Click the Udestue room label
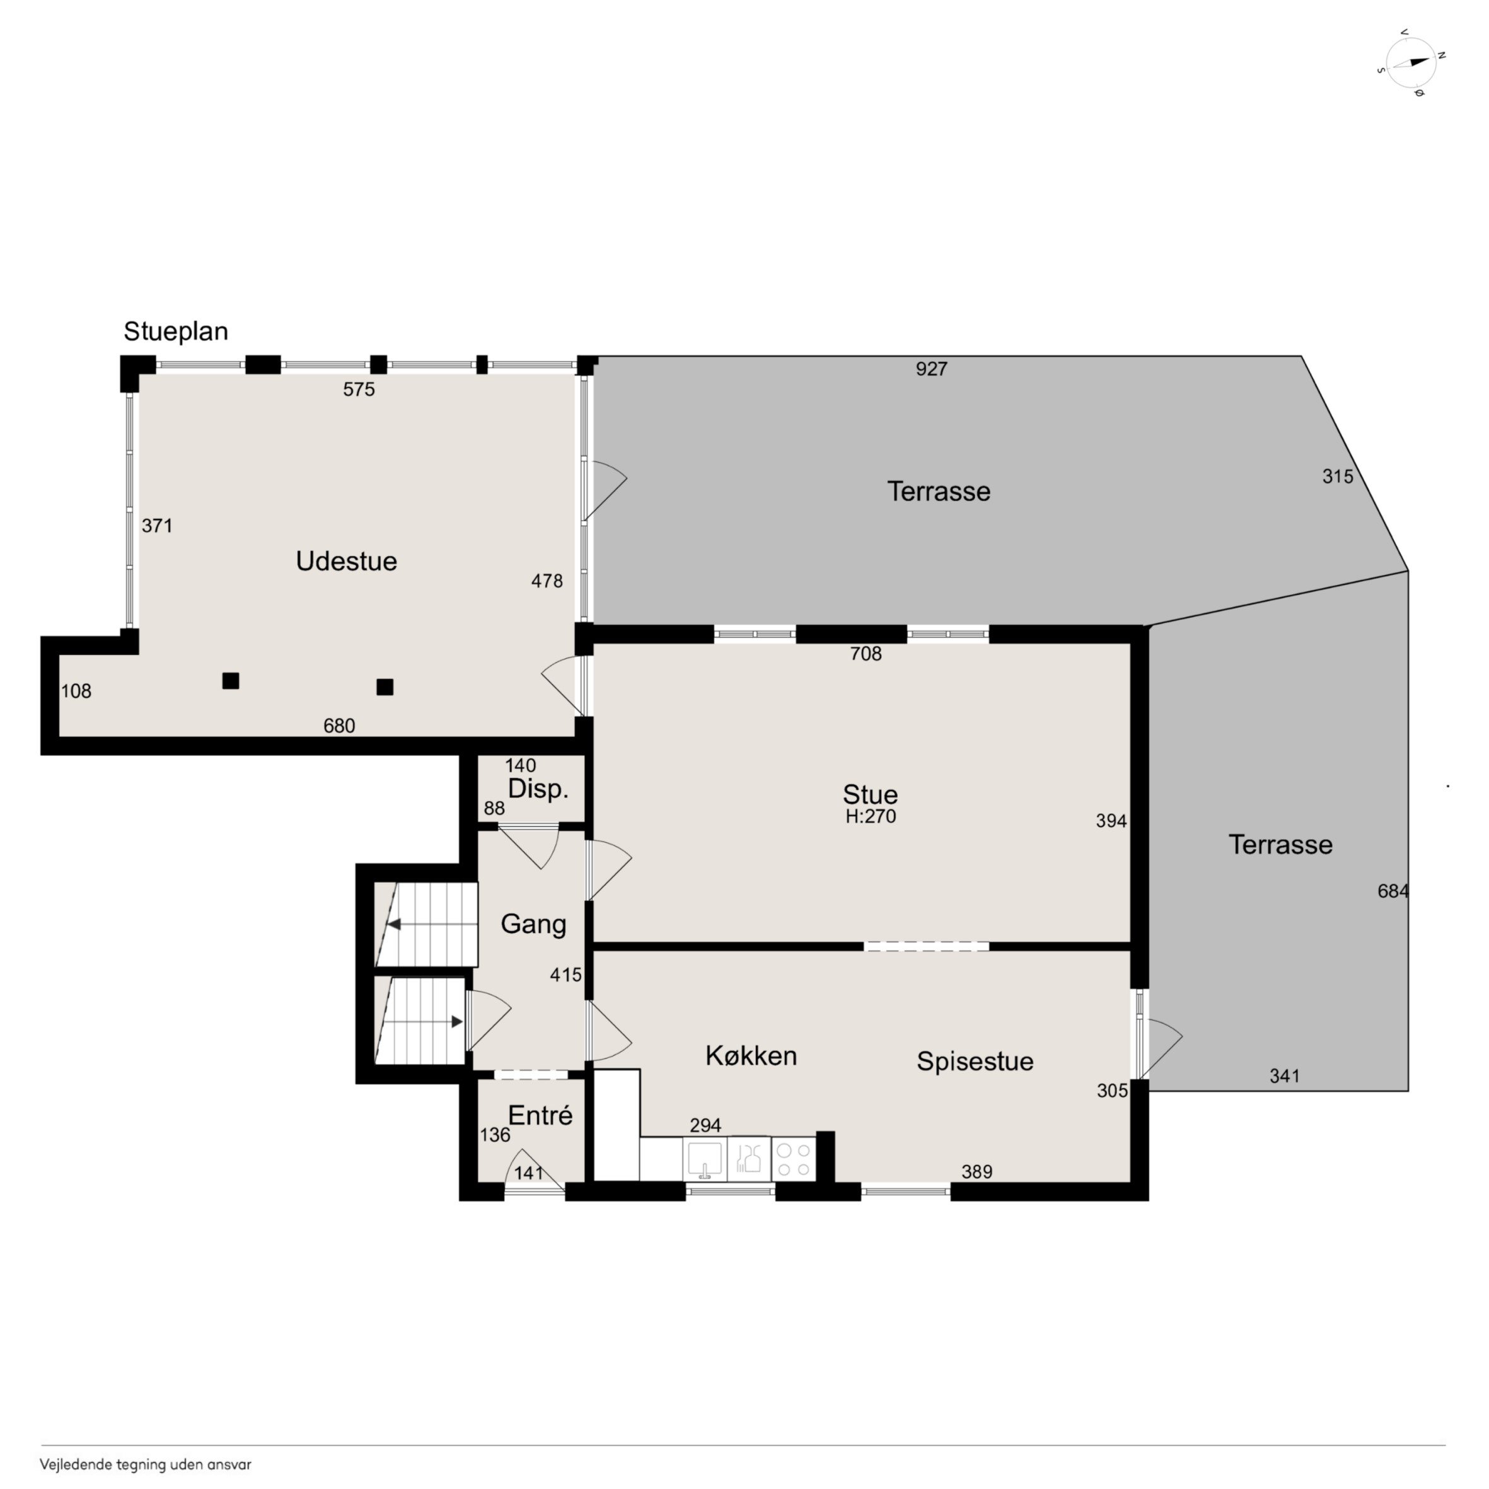pyautogui.click(x=347, y=561)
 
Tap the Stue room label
pyautogui.click(x=870, y=794)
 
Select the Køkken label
pyautogui.click(x=751, y=1056)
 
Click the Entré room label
pyautogui.click(x=540, y=1115)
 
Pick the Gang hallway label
pyautogui.click(x=533, y=924)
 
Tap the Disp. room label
pyautogui.click(x=538, y=789)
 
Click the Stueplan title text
pyautogui.click(x=176, y=332)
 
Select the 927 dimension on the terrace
pyautogui.click(x=931, y=369)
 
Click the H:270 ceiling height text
pyautogui.click(x=871, y=816)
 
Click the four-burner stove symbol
pyautogui.click(x=794, y=1160)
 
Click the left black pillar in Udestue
pyautogui.click(x=231, y=681)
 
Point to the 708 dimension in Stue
pyautogui.click(x=866, y=654)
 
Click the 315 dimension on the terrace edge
pyautogui.click(x=1338, y=477)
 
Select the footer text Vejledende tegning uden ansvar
pyautogui.click(x=146, y=1464)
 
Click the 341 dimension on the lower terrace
pyautogui.click(x=1285, y=1076)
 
